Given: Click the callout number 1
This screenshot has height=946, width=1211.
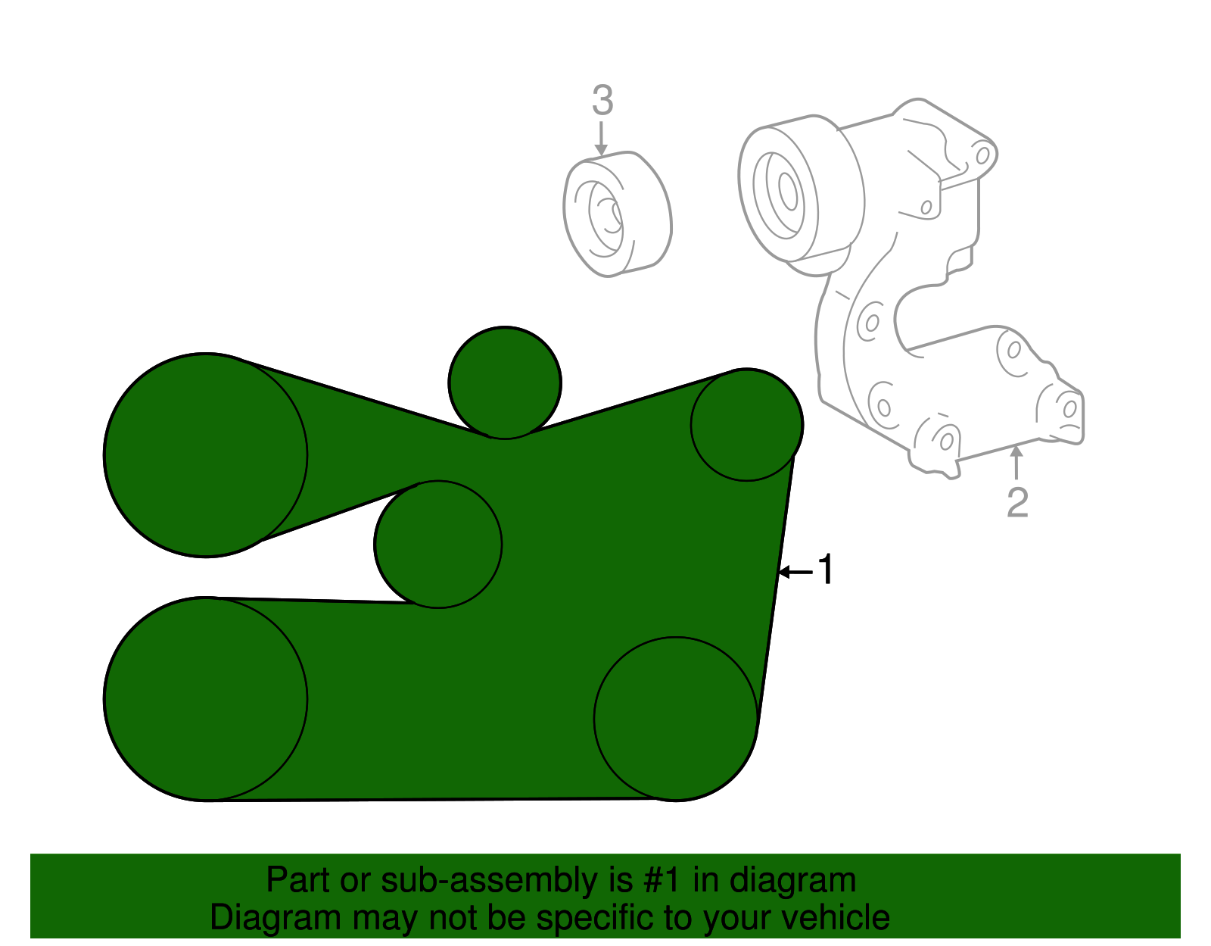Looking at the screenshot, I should [x=825, y=570].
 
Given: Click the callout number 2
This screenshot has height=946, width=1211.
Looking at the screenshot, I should [x=1017, y=503].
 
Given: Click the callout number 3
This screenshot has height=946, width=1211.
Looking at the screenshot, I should [x=602, y=101].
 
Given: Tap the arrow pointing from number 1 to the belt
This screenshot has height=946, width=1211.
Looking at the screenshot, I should [x=795, y=572].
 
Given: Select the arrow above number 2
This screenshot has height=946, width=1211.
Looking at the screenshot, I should [x=1017, y=463].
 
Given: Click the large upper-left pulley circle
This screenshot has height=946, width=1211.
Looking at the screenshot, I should [x=206, y=454].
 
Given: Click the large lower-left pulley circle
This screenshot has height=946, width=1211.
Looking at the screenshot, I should [x=206, y=698].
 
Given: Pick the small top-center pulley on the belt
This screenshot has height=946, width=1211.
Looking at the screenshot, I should [x=505, y=382].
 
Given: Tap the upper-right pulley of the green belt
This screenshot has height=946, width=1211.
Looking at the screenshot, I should [x=747, y=425].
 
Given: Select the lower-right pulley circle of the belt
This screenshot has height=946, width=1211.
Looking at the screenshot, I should [x=676, y=719].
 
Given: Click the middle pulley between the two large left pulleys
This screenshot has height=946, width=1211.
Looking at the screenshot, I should [x=438, y=544].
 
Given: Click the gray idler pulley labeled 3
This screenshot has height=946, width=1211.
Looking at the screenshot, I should [x=617, y=214].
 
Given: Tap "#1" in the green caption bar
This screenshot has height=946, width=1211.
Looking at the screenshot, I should [x=664, y=881].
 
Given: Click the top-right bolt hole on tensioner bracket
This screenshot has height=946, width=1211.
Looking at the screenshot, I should [x=982, y=156].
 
